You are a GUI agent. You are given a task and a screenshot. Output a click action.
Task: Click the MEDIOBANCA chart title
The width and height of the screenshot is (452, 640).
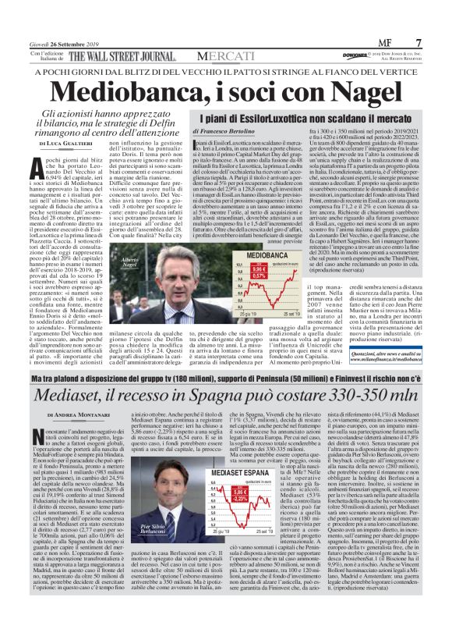click(275, 255)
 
